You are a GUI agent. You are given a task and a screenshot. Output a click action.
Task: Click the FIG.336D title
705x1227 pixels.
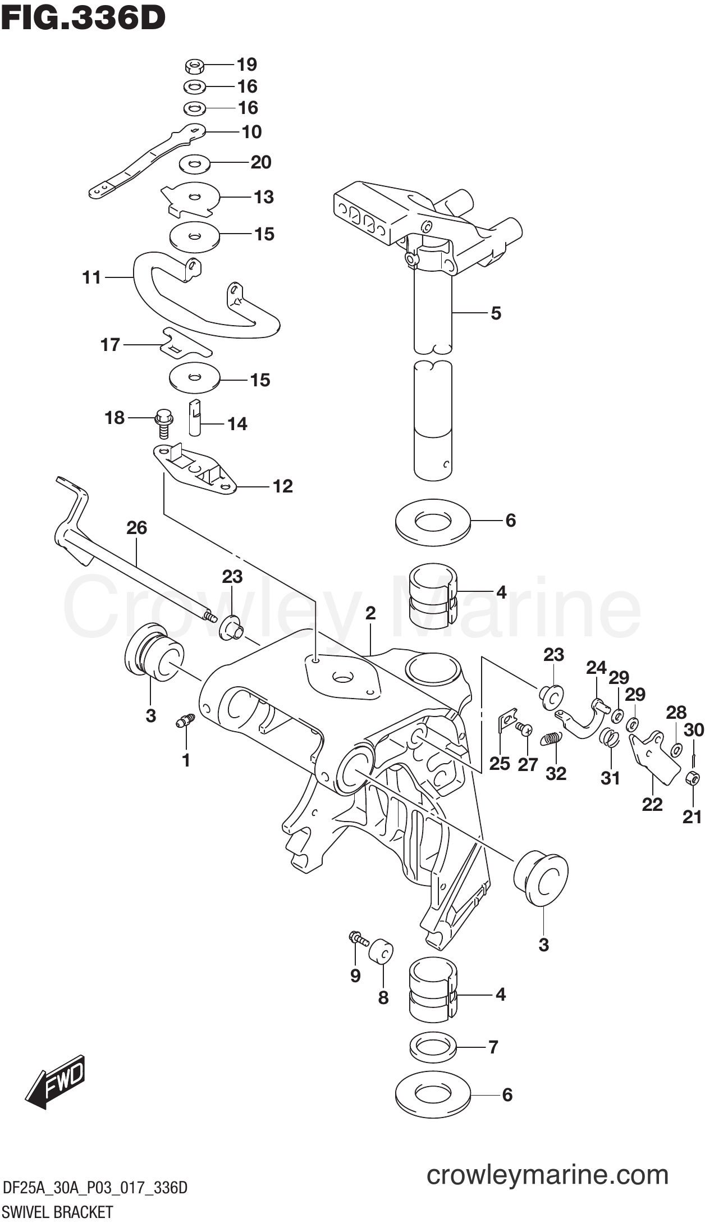83,18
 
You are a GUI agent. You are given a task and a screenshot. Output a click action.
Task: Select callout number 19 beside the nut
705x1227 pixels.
246,65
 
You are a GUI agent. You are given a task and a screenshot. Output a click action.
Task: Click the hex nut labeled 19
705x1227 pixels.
194,67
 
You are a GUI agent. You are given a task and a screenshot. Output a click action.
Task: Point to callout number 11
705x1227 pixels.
91,277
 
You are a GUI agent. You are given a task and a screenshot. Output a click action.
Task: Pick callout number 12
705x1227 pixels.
282,486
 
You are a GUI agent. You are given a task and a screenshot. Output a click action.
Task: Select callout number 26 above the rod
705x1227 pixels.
136,527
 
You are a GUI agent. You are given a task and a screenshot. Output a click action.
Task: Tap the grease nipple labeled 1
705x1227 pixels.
185,720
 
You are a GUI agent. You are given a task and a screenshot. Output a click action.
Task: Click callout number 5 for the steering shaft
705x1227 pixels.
496,313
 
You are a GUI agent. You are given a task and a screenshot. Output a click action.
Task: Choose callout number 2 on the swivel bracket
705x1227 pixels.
370,613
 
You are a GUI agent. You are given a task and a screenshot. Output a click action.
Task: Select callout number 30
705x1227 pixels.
694,729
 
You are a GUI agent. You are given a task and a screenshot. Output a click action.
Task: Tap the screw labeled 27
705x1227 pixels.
525,729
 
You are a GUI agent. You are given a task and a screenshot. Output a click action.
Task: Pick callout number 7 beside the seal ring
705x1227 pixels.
493,1047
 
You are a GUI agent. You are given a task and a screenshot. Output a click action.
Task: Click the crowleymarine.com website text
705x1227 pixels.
547,1174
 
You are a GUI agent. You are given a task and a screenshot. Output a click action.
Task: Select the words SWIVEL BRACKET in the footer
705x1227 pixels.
57,1211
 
